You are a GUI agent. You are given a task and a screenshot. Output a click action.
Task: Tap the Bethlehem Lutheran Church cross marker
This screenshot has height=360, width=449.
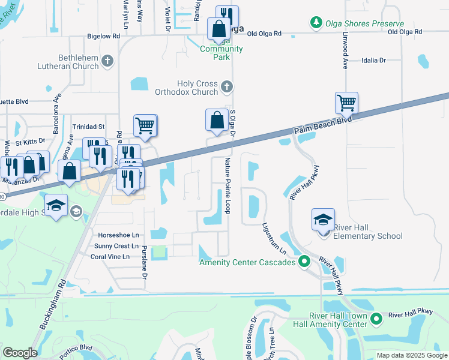click(x=107, y=61)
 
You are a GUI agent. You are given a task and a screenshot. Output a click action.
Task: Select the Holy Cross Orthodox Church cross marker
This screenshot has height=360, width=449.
click(x=226, y=88)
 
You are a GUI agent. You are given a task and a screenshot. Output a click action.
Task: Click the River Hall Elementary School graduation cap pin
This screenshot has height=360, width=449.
click(x=323, y=220)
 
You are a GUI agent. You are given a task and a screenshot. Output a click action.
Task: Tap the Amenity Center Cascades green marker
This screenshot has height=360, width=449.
click(x=304, y=262)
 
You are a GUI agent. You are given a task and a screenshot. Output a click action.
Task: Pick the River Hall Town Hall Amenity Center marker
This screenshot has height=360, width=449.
click(x=376, y=319)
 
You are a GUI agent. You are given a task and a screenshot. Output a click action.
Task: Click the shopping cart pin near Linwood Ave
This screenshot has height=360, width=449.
click(x=346, y=103)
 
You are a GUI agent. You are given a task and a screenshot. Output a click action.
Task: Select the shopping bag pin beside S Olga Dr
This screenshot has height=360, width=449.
click(x=216, y=120)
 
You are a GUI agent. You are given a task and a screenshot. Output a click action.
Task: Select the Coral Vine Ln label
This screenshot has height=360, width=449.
click(x=109, y=257)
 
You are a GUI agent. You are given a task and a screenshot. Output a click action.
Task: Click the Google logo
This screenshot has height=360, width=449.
click(x=20, y=353)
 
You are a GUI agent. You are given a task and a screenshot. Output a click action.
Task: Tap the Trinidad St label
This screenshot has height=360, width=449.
click(x=88, y=127)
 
